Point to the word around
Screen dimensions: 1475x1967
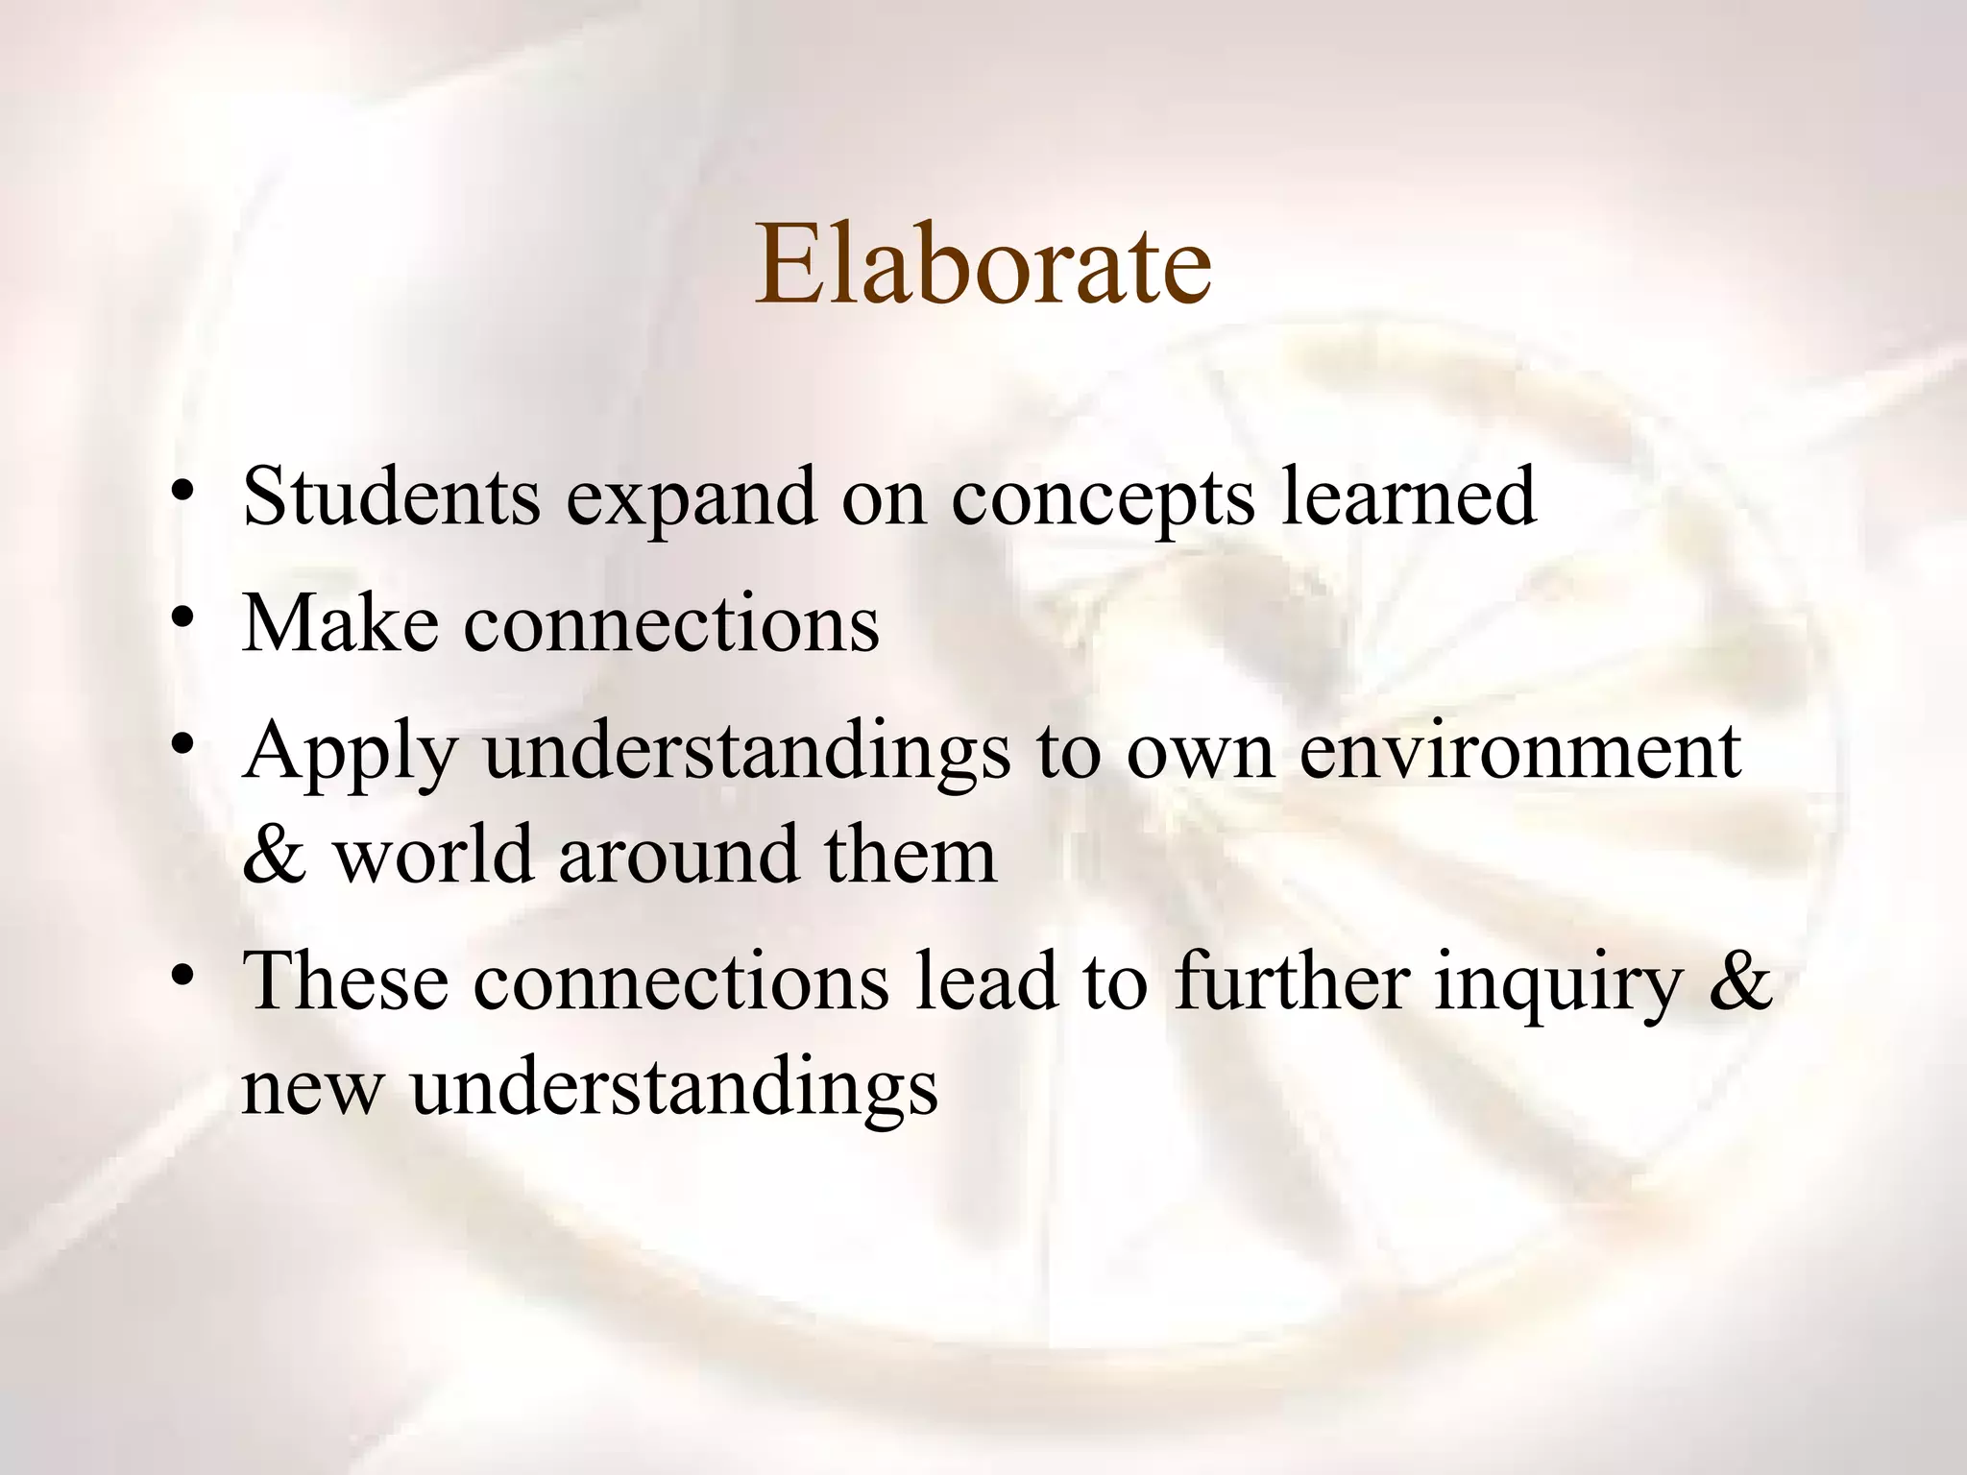(679, 855)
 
